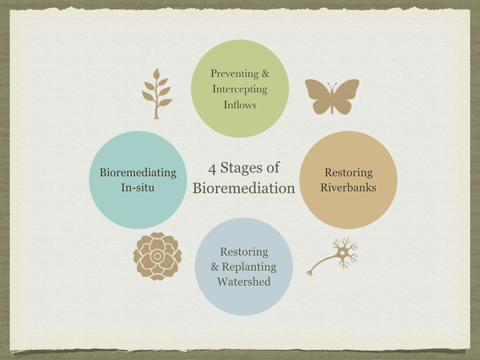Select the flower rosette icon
tap(157, 256)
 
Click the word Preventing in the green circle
tap(234, 74)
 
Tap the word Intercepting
tap(240, 89)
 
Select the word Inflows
tap(240, 105)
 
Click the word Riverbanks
tap(348, 187)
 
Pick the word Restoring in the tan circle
tap(348, 172)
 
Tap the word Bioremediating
tap(138, 172)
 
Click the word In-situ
tap(138, 187)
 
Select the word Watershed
tap(244, 282)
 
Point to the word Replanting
tap(249, 267)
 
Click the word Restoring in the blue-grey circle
tap(244, 252)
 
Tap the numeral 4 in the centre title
tap(212, 169)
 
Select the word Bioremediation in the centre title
tap(244, 188)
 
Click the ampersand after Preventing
tap(265, 74)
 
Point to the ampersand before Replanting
tap(215, 267)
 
